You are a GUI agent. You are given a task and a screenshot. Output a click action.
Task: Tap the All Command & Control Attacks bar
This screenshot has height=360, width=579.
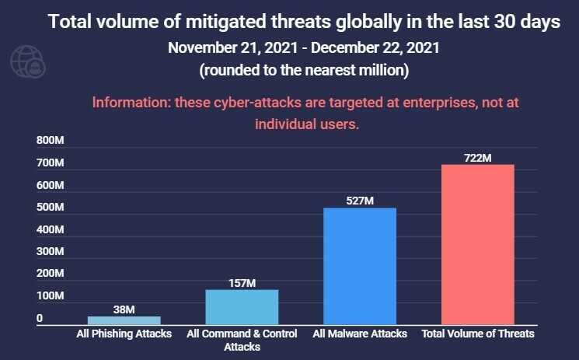(x=242, y=306)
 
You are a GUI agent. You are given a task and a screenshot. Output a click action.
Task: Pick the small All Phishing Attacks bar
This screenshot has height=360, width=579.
(x=124, y=320)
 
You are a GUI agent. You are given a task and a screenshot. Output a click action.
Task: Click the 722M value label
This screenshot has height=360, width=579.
(x=477, y=158)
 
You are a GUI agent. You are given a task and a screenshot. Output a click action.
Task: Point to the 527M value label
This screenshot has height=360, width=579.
(x=360, y=201)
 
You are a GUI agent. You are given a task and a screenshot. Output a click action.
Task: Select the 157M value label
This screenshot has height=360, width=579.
(x=242, y=283)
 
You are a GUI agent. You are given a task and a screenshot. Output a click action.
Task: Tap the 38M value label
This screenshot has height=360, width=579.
(x=124, y=309)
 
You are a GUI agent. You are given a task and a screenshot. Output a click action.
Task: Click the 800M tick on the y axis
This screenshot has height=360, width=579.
(x=50, y=142)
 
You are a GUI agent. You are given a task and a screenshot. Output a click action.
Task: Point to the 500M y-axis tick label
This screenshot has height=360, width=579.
(x=50, y=208)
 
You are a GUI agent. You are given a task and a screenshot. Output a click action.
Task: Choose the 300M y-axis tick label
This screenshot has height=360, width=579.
(x=50, y=252)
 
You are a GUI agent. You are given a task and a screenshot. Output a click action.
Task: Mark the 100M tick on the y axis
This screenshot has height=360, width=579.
(x=50, y=296)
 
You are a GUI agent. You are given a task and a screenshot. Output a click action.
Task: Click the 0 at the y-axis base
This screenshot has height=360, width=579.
(x=39, y=318)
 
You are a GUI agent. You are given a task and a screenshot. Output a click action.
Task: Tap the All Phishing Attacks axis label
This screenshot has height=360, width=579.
(x=124, y=334)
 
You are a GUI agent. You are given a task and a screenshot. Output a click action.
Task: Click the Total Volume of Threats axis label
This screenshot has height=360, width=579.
(x=477, y=334)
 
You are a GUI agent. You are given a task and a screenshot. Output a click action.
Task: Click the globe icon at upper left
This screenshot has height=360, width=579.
(x=26, y=61)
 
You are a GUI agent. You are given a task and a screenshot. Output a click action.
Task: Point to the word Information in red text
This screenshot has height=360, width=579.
(x=127, y=103)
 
